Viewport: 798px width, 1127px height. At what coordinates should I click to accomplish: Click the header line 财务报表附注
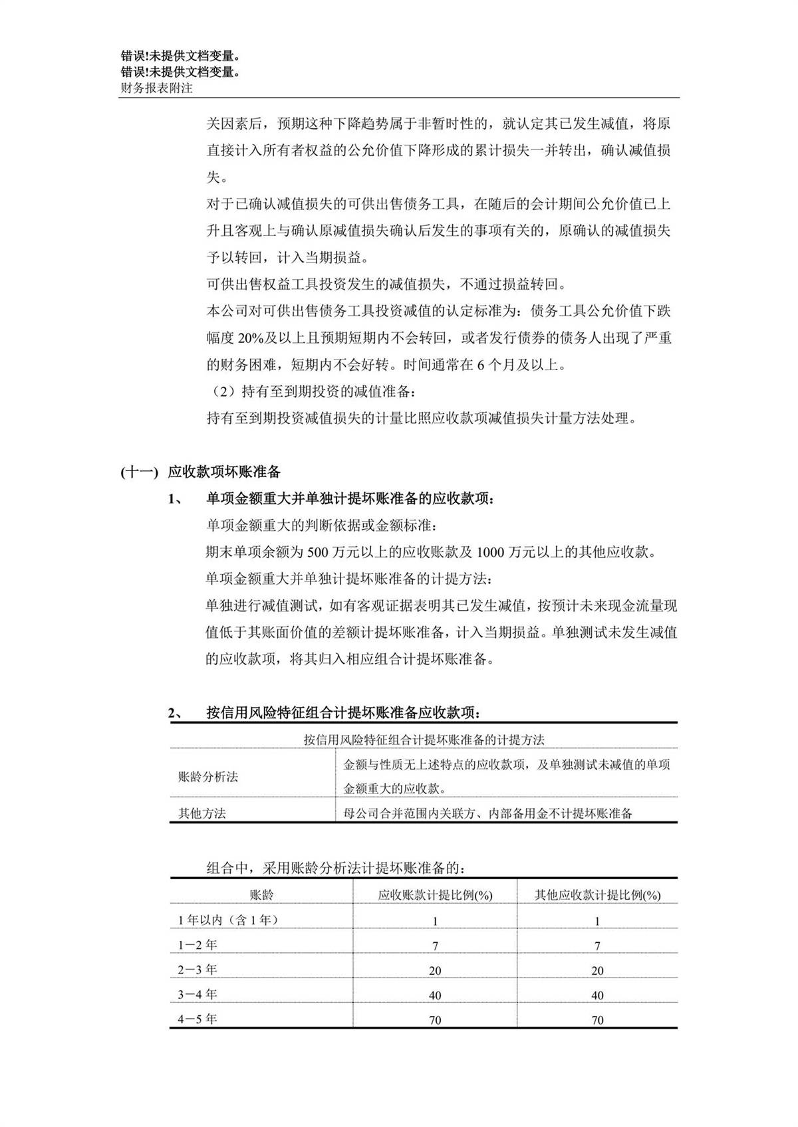tap(156, 88)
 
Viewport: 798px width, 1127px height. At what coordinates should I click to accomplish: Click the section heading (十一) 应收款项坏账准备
tap(201, 472)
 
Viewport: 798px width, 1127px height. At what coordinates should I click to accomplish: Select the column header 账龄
tap(261, 894)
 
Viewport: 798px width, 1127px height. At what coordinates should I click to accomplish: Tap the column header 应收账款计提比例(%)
tap(435, 895)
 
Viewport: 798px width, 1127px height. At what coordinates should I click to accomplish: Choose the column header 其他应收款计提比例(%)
tap(597, 895)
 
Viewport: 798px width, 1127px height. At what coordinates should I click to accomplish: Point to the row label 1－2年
tap(198, 944)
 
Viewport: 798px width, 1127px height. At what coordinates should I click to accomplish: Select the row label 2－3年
tap(198, 970)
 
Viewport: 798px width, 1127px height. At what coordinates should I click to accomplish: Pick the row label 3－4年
tap(198, 994)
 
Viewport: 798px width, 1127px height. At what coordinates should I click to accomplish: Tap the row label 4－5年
tap(198, 1019)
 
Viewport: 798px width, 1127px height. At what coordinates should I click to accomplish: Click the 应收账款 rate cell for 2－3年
tap(435, 971)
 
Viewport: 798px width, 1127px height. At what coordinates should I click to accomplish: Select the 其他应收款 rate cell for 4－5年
tap(597, 1020)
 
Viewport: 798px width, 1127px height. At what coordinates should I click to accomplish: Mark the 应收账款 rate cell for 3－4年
tap(435, 995)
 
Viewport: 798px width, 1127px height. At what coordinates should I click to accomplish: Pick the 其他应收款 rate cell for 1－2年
tap(597, 946)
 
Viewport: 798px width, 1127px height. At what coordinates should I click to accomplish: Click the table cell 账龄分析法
tap(208, 776)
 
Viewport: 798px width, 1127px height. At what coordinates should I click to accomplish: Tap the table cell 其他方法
tap(202, 813)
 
